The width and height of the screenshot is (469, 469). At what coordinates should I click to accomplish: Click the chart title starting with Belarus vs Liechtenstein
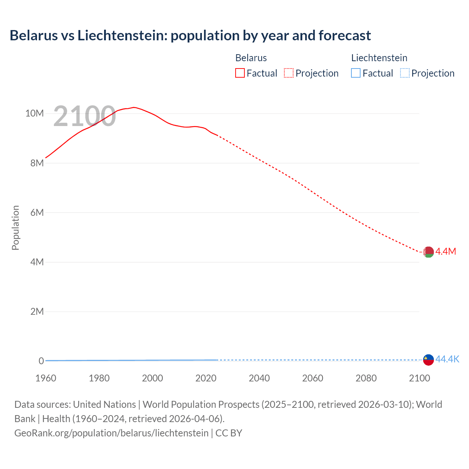(190, 36)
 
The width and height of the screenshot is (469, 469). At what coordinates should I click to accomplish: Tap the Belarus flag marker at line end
(428, 252)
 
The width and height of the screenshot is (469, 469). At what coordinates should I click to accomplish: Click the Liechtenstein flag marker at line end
(428, 360)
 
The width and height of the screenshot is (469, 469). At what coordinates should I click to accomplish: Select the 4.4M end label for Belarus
(446, 251)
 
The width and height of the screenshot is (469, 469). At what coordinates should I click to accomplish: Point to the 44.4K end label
(447, 359)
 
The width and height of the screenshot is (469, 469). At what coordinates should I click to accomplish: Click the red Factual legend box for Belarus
(240, 73)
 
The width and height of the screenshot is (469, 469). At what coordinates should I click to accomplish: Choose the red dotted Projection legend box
(289, 73)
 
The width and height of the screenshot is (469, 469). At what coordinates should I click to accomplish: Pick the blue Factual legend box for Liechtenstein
(356, 73)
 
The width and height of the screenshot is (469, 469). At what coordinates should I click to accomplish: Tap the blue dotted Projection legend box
(405, 73)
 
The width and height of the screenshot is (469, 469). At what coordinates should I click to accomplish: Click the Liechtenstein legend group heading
(379, 58)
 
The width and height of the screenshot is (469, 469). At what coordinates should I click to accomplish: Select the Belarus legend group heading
(251, 58)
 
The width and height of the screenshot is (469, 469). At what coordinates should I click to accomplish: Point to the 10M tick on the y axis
(34, 113)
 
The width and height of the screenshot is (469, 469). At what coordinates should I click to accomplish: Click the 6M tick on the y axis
(37, 213)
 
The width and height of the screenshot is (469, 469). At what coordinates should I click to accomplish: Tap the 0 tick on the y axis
(41, 361)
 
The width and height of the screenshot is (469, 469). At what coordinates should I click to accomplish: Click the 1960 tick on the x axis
(46, 378)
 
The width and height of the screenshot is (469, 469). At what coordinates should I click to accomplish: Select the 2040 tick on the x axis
(259, 378)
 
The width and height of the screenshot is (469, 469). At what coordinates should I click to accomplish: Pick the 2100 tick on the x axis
(419, 378)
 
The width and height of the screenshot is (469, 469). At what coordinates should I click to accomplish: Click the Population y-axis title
(15, 228)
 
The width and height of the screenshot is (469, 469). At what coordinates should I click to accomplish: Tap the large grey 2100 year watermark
(84, 117)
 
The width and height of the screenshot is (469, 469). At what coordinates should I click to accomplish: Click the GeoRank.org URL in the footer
(111, 433)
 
